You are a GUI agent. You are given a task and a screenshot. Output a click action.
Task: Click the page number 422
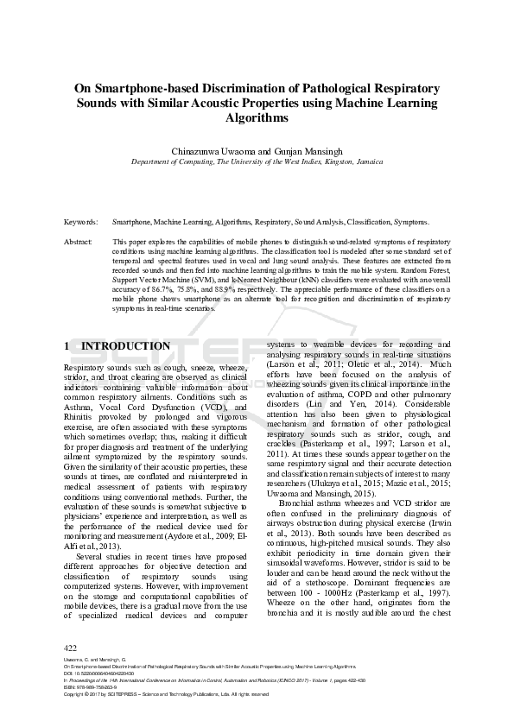(x=72, y=648)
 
